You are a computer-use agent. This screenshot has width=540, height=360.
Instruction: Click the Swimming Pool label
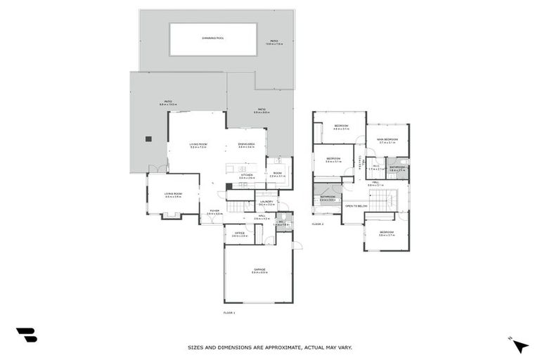[x=212, y=38]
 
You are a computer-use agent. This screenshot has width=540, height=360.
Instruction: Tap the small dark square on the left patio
[x=148, y=139]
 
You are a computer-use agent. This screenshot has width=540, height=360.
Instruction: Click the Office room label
[x=239, y=234]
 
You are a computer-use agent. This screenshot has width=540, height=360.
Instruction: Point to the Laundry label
[x=266, y=202]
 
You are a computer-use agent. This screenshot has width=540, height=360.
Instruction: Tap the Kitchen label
[x=246, y=176]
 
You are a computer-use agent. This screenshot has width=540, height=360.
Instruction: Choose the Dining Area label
[x=246, y=144]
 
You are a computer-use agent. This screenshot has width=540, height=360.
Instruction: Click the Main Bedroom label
[x=387, y=140]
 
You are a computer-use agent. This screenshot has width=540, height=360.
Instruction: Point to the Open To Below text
[x=356, y=206]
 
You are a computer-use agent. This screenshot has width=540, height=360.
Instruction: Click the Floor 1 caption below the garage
[x=229, y=311]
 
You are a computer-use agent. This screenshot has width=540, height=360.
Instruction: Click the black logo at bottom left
[x=26, y=335]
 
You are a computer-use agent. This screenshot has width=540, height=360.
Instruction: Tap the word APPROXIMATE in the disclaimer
[x=271, y=347]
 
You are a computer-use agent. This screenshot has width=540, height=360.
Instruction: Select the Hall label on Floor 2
[x=375, y=183]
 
